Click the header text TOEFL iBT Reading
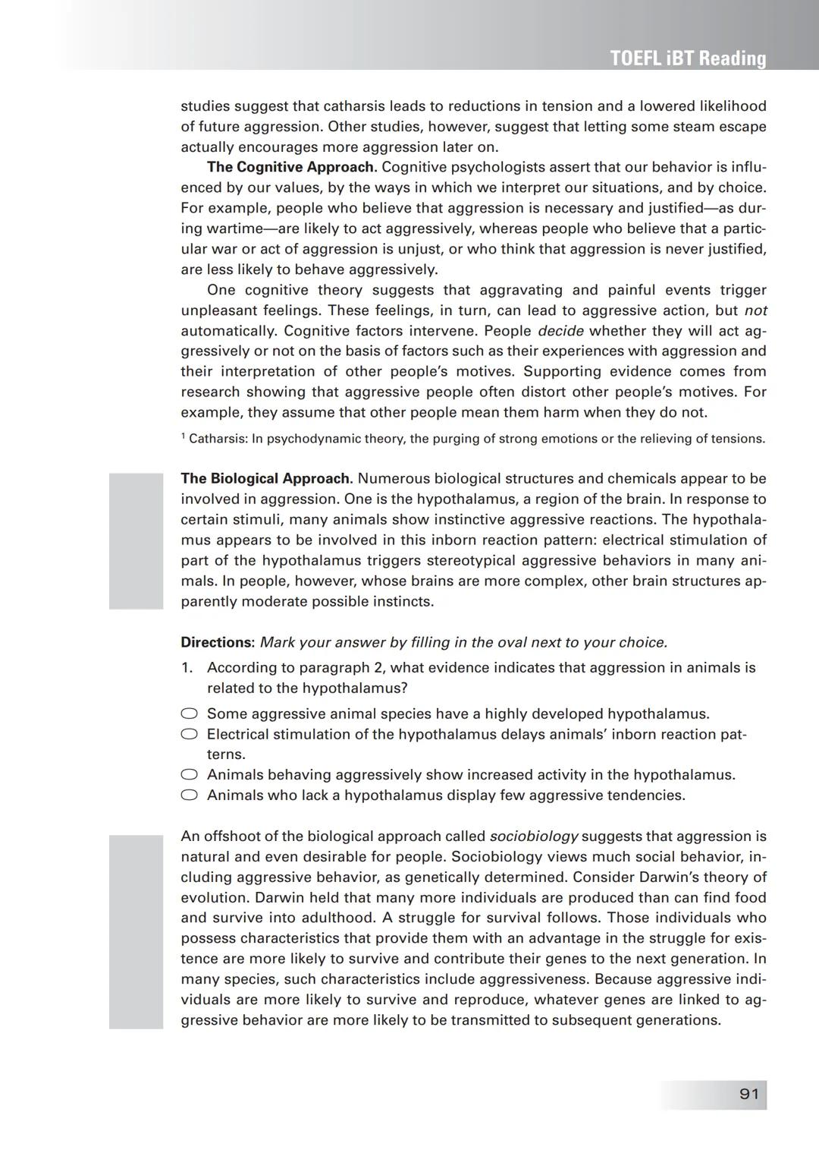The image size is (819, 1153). (688, 58)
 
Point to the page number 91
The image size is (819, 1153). (748, 1094)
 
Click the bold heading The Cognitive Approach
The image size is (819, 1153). (291, 167)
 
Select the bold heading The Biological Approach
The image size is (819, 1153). (266, 479)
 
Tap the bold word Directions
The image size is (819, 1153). (218, 642)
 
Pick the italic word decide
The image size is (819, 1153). (560, 331)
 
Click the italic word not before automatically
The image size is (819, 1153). (755, 310)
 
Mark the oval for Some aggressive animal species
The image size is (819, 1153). (190, 714)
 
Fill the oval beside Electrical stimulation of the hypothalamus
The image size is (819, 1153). (190, 734)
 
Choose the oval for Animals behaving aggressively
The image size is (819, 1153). (190, 774)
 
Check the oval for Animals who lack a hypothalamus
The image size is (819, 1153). (190, 795)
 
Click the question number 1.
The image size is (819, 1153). (187, 668)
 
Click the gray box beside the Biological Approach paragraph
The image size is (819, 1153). (136, 540)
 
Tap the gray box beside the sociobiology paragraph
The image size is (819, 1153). (136, 931)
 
